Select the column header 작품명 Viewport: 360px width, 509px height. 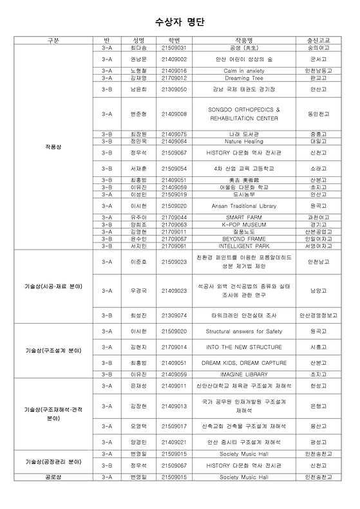click(x=244, y=41)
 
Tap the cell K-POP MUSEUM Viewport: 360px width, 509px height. click(x=244, y=225)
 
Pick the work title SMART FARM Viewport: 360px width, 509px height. click(x=244, y=217)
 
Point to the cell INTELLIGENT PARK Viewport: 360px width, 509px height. click(x=244, y=245)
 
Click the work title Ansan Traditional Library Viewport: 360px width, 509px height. click(x=244, y=206)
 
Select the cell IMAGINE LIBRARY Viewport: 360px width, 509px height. click(x=244, y=374)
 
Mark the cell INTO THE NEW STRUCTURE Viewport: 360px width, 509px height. click(x=244, y=346)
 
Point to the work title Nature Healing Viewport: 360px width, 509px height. click(x=244, y=141)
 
